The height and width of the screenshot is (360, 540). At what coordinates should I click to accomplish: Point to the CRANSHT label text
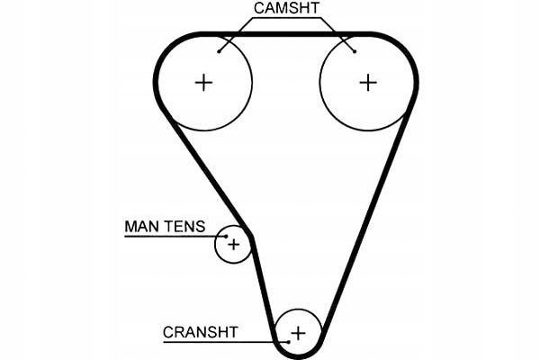(x=200, y=331)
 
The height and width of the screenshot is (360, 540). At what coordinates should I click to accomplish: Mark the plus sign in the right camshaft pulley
(x=367, y=83)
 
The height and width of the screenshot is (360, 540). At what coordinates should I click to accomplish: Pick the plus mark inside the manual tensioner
(x=234, y=244)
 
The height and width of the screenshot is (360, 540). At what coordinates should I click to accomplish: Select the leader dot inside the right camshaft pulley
(x=355, y=51)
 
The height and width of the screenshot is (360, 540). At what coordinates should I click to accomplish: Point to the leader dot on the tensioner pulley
(x=225, y=236)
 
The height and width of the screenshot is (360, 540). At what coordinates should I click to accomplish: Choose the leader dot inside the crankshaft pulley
(x=288, y=342)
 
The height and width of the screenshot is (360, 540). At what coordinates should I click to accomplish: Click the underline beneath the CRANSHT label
(x=216, y=342)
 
